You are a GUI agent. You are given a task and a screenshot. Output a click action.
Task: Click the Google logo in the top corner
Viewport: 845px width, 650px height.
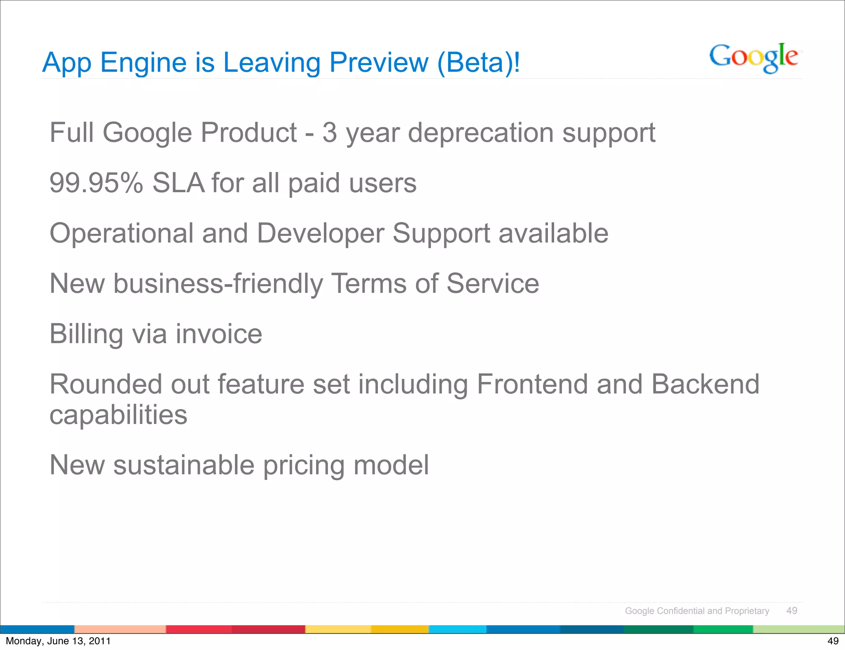[x=753, y=58]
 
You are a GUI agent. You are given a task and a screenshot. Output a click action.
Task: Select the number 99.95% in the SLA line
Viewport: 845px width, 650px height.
[x=96, y=183]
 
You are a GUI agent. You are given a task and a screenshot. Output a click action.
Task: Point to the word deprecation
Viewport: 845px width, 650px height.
[x=481, y=133]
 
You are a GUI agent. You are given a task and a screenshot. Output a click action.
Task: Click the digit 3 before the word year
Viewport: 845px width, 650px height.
[x=329, y=133]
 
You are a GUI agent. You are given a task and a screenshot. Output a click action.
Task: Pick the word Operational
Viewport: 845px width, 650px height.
[x=121, y=233]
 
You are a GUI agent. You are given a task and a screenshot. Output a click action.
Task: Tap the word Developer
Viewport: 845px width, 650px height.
[x=320, y=233]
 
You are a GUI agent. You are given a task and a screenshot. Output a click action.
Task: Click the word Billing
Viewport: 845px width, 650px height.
[x=86, y=334]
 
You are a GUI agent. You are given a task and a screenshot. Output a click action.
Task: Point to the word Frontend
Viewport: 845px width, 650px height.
[x=532, y=384]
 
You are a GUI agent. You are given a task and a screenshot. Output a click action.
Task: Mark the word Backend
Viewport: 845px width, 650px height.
[x=705, y=384]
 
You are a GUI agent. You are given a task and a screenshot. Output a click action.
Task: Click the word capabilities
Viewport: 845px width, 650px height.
[x=118, y=415]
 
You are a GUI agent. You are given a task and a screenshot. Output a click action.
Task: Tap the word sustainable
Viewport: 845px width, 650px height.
[x=184, y=465]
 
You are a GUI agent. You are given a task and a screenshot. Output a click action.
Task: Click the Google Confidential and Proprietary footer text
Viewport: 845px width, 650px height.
[x=697, y=611]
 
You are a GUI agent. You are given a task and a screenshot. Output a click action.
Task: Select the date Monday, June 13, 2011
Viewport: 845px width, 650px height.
[x=58, y=641]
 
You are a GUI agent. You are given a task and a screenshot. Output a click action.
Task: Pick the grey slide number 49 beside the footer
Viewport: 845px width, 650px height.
[x=792, y=611]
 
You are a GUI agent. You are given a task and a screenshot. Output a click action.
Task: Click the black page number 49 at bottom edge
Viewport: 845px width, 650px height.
[x=833, y=641]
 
